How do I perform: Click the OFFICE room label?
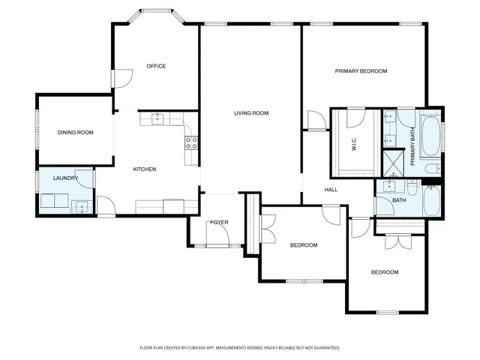(x=156, y=66)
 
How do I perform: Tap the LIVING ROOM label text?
(x=251, y=113)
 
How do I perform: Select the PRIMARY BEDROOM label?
(x=361, y=71)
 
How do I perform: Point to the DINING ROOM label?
(x=75, y=133)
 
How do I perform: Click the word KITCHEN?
(x=145, y=169)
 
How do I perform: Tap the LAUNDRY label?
(x=66, y=178)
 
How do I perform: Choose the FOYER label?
(x=219, y=223)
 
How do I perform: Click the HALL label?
(x=331, y=190)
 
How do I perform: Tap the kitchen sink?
(x=157, y=118)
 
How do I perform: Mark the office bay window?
(x=156, y=16)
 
